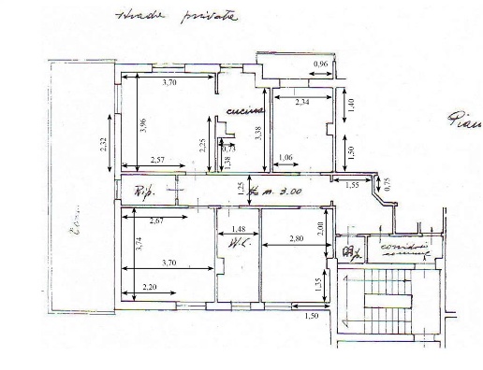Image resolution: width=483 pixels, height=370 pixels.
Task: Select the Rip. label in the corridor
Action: click(142, 193)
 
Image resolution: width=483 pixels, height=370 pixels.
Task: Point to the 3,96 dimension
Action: click(143, 124)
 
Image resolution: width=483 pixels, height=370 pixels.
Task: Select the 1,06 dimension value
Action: click(286, 157)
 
